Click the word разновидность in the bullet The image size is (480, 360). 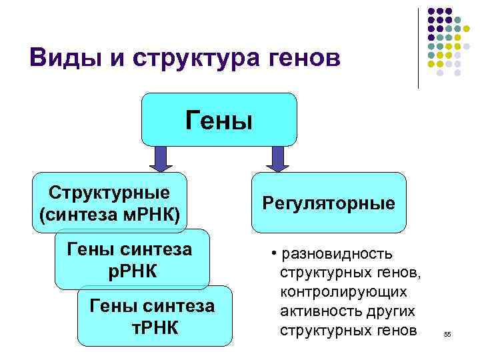[337, 254]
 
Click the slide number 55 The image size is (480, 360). [447, 335]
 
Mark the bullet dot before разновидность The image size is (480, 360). [274, 255]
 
